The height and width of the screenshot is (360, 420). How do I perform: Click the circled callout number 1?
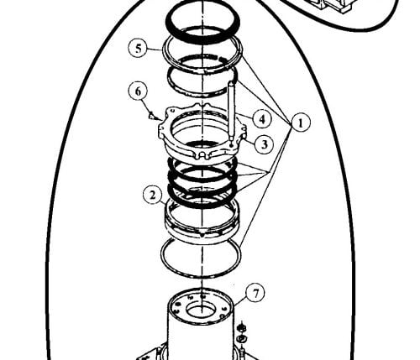(301, 123)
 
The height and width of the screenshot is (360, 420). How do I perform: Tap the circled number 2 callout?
(153, 195)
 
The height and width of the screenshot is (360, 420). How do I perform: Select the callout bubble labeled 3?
(264, 144)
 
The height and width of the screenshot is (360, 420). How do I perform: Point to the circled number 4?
(262, 119)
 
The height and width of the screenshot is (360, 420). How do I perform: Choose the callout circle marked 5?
(139, 49)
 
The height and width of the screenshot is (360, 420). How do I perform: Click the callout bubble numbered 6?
(138, 91)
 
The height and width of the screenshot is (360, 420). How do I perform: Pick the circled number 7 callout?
(255, 293)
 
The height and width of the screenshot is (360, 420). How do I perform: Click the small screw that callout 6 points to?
(151, 115)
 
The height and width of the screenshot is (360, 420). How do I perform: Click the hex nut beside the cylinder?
(240, 327)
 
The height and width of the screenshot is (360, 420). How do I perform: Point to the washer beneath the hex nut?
(241, 339)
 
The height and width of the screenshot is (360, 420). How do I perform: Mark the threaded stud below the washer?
(242, 352)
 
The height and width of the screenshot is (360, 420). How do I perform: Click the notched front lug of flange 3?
(204, 154)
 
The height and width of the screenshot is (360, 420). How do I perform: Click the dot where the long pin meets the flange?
(231, 145)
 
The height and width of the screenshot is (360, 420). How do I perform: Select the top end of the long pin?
(232, 82)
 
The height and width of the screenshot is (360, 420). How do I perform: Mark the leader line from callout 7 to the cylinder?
(240, 301)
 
